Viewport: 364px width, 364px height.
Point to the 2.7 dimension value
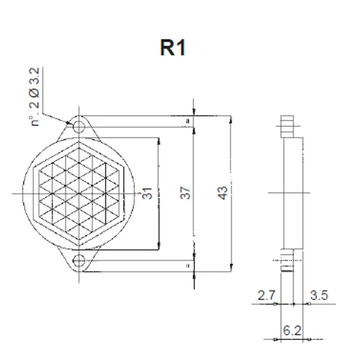266,296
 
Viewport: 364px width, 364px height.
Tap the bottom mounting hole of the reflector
79,260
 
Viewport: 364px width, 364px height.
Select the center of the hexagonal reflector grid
79,193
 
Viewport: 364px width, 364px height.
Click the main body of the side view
290,193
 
